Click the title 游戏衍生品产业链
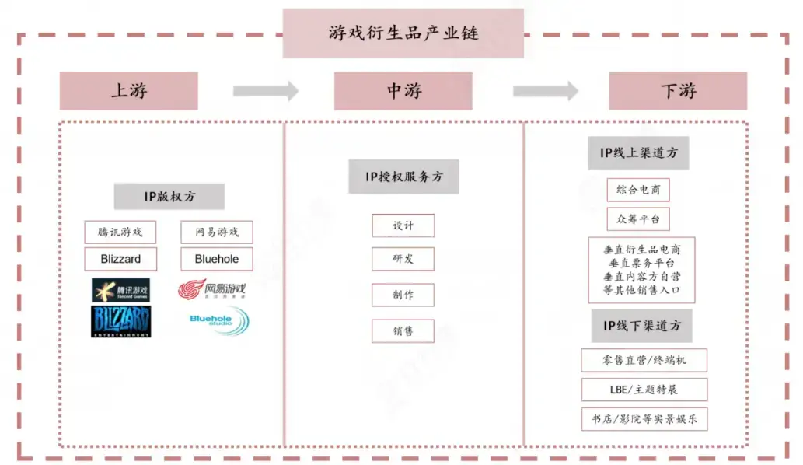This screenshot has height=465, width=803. pos(403,33)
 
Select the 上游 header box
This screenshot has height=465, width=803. pos(129,91)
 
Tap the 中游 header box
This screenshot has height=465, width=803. pos(403,91)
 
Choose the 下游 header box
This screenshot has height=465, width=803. pos(678,91)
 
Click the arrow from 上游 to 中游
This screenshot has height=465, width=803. pos(266,91)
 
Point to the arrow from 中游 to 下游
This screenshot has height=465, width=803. pos(545,91)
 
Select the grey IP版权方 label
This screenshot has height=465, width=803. pos(169,197)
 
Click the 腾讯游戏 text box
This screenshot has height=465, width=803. pos(120,232)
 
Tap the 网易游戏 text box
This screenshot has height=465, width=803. pos(217,232)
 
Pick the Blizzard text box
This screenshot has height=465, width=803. pos(120,259)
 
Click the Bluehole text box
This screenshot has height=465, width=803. pos(217,259)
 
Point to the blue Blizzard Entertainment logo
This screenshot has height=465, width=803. pos(120,321)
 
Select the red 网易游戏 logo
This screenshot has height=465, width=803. pos(212,290)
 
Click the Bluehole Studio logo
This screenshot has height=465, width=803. pos(218,320)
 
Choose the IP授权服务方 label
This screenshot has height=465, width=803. pos(403,177)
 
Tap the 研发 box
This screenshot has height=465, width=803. pos(403,259)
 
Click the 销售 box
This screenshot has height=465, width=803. pos(403,330)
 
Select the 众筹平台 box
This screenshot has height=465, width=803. pos(637,219)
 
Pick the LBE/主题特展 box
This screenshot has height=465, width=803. pos(634,390)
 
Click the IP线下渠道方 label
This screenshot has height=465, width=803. pos(641,326)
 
